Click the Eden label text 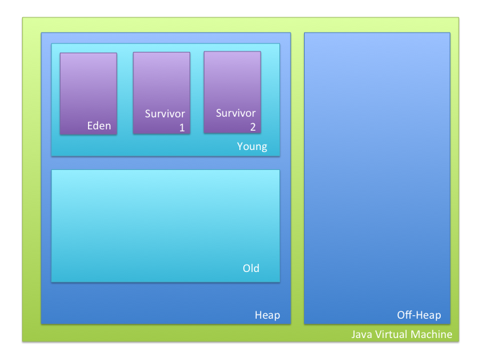point(99,126)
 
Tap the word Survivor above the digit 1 point(165,114)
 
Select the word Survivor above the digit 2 point(236,113)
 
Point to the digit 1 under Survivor point(182,127)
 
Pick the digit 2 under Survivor point(253,127)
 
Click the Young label point(252,147)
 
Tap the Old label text point(251,269)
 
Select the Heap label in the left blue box point(267,315)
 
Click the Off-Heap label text point(419,315)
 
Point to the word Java point(363,334)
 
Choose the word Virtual point(393,334)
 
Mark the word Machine point(432,334)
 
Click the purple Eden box point(89,87)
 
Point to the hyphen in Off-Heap point(412,315)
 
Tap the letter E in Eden point(90,126)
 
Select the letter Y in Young point(239,147)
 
